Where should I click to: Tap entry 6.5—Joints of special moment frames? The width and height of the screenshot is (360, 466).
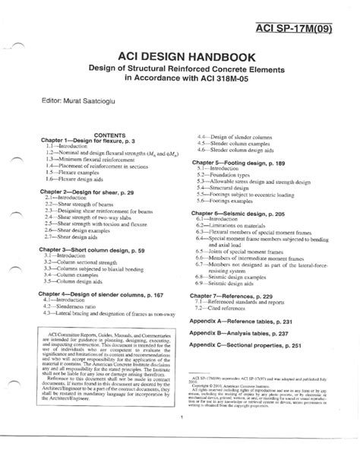[x=248, y=271]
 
